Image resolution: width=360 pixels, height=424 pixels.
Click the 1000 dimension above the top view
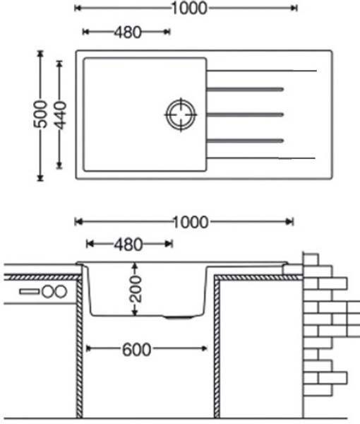point(189,8)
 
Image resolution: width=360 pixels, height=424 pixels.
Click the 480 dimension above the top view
point(128,33)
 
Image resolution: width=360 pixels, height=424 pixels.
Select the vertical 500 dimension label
point(40,114)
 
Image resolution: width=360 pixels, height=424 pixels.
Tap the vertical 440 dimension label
point(60,115)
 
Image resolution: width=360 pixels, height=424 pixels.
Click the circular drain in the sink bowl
point(181,114)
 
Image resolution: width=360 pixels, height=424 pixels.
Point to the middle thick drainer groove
point(245,114)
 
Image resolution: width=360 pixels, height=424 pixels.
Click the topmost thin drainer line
point(261,71)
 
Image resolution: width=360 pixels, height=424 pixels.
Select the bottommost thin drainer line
point(261,158)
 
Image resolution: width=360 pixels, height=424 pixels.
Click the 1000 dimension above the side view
point(191,223)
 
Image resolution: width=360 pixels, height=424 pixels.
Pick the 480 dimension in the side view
point(128,245)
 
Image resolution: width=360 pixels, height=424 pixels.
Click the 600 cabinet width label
point(137,350)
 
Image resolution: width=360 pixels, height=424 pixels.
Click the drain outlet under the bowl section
point(179,317)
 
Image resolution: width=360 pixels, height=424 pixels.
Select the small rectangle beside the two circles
point(30,292)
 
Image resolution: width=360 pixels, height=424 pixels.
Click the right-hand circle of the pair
point(61,292)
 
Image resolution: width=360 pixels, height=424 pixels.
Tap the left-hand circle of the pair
point(48,292)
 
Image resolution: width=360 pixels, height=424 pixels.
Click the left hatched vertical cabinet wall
point(79,347)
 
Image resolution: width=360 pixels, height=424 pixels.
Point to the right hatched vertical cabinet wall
point(217,347)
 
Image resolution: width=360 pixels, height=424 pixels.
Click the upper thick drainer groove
point(245,89)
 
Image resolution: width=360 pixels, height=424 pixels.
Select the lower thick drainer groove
point(245,141)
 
